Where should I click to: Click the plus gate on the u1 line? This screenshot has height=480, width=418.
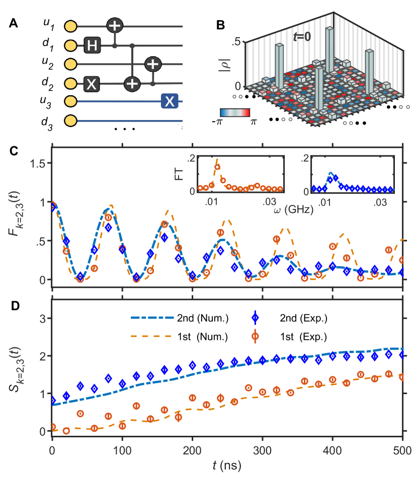pyautogui.click(x=115, y=26)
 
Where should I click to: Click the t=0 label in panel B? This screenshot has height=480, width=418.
pyautogui.click(x=303, y=36)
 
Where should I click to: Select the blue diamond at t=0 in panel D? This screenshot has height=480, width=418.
pyautogui.click(x=53, y=401)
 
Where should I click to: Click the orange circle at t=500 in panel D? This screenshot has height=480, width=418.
pyautogui.click(x=401, y=377)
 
